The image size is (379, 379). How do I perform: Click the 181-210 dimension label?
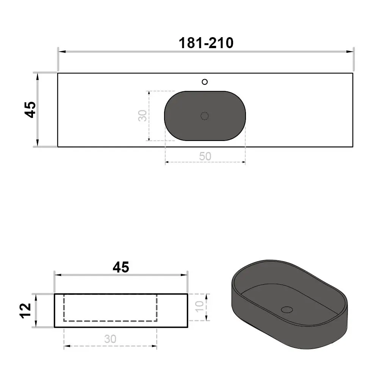tap(206, 43)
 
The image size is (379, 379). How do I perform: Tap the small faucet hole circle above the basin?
tap(205, 82)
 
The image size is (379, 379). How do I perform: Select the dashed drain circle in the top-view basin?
tap(205, 116)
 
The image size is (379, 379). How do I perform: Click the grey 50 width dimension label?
tap(205, 156)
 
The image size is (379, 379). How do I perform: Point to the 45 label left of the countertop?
tap(31, 110)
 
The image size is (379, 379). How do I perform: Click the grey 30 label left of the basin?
tap(143, 116)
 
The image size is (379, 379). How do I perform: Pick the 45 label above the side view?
tap(121, 267)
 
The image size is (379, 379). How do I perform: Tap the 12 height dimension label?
tap(26, 311)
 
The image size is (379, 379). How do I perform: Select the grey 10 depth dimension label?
tap(200, 307)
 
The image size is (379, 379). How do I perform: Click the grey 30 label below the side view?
tap(110, 339)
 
